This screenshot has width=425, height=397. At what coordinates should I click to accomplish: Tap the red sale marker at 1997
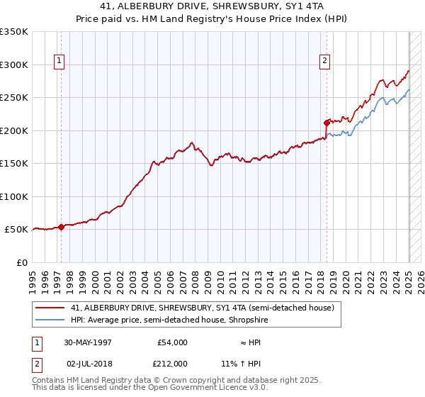tap(62, 227)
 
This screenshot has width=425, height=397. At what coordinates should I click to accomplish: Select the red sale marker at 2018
tap(327, 123)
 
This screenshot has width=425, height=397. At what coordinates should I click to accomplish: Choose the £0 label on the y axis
tap(21, 262)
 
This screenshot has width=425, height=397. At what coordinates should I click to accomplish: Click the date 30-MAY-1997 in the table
tap(89, 342)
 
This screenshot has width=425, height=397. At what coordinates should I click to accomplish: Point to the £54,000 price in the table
tap(171, 342)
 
